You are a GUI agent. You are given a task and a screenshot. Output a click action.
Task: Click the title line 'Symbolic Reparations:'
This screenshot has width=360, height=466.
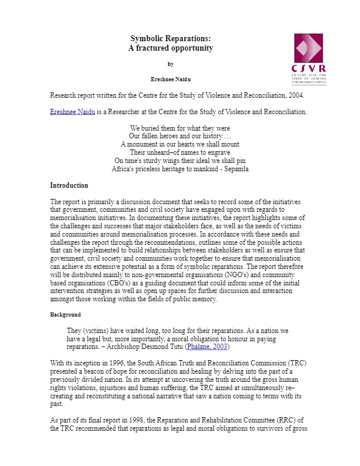171,38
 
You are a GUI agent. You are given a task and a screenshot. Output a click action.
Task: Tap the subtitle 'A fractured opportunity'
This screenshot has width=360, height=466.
171,48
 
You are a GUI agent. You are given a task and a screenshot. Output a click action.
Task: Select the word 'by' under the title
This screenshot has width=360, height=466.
171,64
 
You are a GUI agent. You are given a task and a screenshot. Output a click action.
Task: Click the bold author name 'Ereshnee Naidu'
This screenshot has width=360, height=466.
171,78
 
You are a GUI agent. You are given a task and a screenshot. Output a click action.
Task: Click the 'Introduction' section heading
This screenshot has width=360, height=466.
69,185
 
